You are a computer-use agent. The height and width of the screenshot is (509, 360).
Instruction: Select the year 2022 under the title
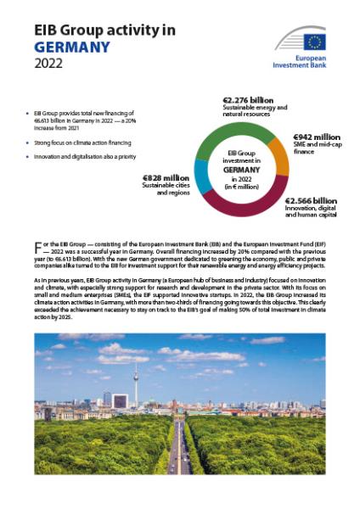tap(50, 64)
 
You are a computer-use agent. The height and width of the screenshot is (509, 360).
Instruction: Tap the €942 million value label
tap(316, 137)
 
